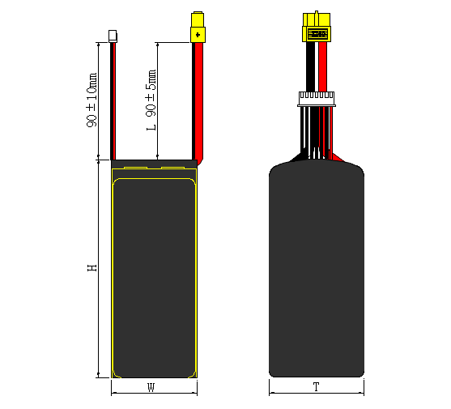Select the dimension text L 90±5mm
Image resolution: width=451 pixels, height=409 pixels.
click(x=151, y=100)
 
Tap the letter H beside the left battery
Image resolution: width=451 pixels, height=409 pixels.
click(x=92, y=267)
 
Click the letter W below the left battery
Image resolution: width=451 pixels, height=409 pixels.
click(x=151, y=387)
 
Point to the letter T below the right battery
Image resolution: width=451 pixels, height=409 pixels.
click(x=315, y=387)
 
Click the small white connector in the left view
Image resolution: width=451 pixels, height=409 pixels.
click(x=113, y=36)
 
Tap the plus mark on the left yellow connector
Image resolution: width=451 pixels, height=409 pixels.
click(x=197, y=34)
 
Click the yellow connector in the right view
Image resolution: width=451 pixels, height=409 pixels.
click(x=316, y=28)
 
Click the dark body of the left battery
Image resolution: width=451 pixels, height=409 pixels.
click(x=154, y=275)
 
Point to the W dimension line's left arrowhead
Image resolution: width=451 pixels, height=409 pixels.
click(x=113, y=393)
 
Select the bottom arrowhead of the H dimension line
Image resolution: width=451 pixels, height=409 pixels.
click(x=97, y=374)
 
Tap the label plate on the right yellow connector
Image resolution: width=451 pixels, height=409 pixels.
click(x=316, y=34)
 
